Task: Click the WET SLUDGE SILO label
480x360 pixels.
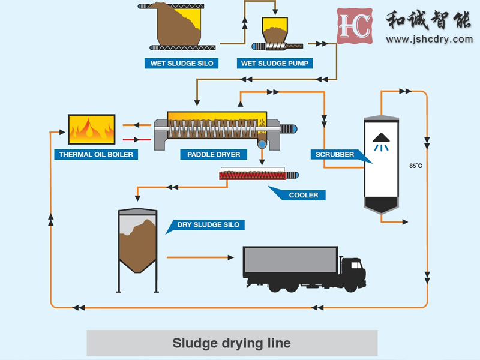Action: click(x=181, y=63)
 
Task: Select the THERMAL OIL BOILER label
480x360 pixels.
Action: click(x=96, y=154)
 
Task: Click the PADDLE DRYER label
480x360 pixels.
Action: click(x=214, y=154)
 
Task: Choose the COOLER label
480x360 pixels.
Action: click(x=303, y=195)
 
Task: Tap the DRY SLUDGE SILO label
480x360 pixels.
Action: click(x=208, y=225)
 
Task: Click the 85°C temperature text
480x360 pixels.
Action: click(x=416, y=166)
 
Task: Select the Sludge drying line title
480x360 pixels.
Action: click(x=232, y=343)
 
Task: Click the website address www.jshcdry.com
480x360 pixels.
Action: click(x=429, y=40)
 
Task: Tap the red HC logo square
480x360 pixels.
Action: click(x=355, y=26)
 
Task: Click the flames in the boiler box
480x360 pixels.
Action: click(x=92, y=130)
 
